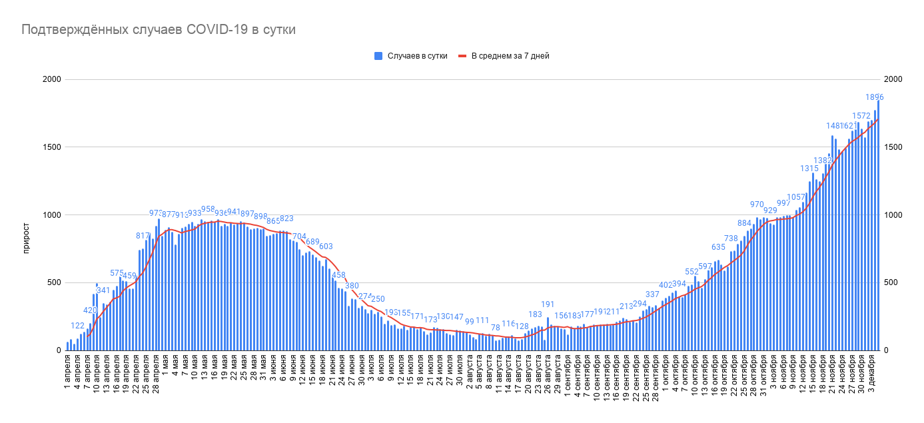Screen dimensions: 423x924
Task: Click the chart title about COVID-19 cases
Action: click(x=159, y=30)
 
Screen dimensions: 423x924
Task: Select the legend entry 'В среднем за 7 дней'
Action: click(x=510, y=56)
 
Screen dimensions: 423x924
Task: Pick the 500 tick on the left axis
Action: click(x=54, y=283)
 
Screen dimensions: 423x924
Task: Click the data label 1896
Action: click(x=874, y=97)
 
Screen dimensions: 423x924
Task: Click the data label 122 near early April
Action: click(x=78, y=326)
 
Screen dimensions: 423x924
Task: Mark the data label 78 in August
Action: click(x=495, y=328)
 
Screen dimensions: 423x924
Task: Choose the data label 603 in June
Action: click(x=326, y=247)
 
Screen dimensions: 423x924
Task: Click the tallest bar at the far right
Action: click(x=878, y=225)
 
